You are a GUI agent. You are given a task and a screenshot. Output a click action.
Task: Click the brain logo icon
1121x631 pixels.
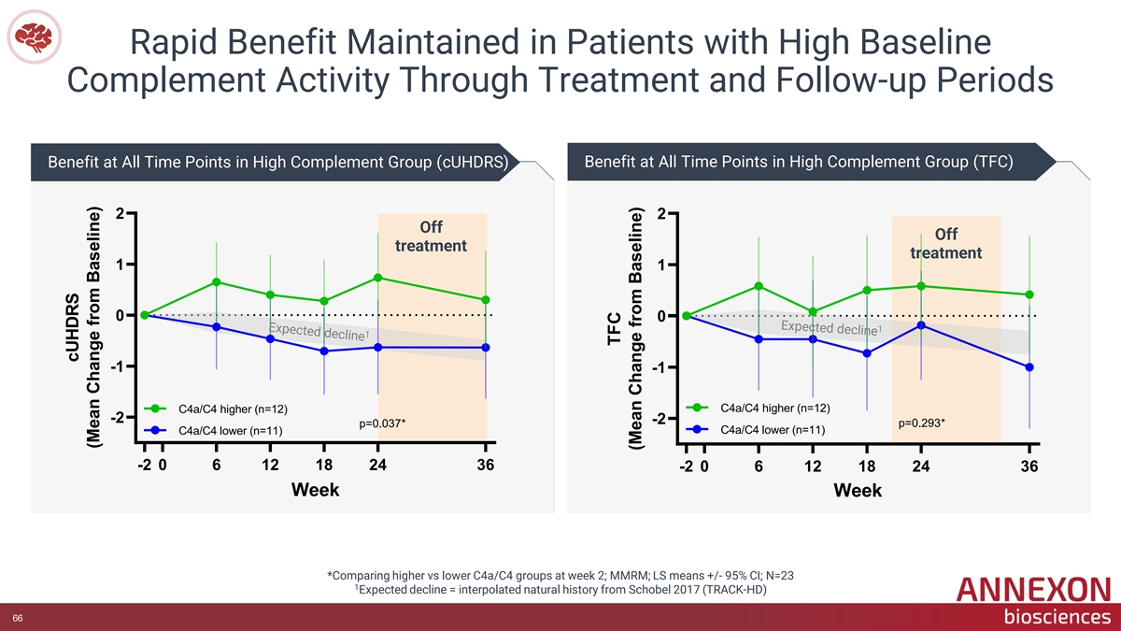(x=34, y=36)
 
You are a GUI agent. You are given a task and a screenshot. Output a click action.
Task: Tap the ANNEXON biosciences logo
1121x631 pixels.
(x=1033, y=601)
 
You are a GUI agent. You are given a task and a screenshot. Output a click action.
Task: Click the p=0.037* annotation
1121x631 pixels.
(x=382, y=423)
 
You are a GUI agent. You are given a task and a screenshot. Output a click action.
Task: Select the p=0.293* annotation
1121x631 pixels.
(x=921, y=423)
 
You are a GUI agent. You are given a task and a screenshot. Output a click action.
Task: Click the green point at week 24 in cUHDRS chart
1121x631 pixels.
(x=377, y=278)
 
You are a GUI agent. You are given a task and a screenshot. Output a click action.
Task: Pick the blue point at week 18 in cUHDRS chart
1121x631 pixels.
(x=324, y=351)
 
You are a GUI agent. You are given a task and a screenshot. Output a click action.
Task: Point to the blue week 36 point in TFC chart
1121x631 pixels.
(x=1029, y=367)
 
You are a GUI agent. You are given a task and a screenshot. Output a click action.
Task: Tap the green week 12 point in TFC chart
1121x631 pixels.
(x=813, y=311)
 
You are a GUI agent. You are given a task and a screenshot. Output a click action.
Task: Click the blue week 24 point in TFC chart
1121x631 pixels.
(x=921, y=325)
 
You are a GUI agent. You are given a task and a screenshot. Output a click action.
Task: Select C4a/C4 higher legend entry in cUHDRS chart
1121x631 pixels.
(x=216, y=409)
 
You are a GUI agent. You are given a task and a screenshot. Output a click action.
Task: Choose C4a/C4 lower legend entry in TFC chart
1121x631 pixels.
(x=756, y=430)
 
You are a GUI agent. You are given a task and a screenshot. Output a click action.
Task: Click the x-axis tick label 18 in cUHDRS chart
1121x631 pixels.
(x=324, y=465)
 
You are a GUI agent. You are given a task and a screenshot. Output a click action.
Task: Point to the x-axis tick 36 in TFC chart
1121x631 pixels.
(x=1029, y=466)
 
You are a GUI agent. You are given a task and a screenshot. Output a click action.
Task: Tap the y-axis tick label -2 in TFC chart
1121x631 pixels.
(x=660, y=419)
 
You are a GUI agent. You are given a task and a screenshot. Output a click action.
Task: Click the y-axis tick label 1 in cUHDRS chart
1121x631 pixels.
(x=120, y=265)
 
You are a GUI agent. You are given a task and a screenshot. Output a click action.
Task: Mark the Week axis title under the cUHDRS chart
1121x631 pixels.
(x=316, y=489)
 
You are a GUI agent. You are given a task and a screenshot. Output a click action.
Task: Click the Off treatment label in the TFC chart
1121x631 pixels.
(x=945, y=243)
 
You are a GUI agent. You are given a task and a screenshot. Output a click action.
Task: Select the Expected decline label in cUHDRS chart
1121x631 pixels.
(x=319, y=332)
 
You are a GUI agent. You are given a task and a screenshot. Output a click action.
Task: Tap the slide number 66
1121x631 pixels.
(x=18, y=618)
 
